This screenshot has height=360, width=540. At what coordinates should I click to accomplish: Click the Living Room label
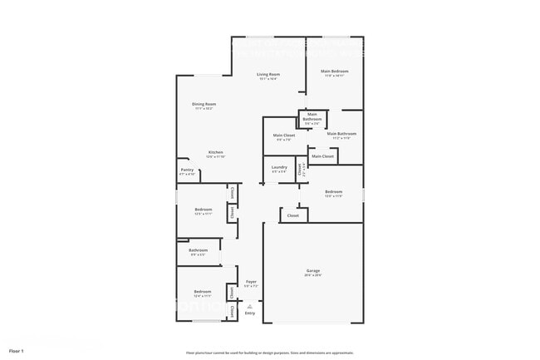268,75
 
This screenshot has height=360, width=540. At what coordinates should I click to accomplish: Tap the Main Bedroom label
334,72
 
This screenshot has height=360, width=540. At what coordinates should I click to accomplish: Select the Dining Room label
204,104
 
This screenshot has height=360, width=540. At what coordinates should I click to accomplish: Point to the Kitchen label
215,152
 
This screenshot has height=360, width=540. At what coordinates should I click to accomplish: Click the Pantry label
187,170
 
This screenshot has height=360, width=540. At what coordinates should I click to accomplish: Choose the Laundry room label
279,167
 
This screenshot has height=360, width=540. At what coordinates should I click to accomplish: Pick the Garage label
313,271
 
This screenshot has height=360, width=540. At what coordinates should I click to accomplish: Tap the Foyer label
250,282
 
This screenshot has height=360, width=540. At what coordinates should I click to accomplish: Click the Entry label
250,313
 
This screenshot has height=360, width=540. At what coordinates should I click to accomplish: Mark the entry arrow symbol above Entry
250,306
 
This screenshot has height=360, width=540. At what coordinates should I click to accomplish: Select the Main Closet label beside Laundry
283,135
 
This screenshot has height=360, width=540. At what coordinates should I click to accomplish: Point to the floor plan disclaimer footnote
269,352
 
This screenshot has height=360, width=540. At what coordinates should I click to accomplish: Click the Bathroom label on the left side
198,250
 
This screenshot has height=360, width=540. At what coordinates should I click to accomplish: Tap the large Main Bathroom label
341,134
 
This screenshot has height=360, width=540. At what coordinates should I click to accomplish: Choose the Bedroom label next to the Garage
333,192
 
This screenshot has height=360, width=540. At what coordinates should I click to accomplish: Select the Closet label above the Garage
293,215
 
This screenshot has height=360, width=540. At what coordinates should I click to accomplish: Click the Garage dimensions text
313,275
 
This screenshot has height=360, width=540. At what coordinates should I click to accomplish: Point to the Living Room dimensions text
268,79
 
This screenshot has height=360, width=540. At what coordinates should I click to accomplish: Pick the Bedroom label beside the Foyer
203,292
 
